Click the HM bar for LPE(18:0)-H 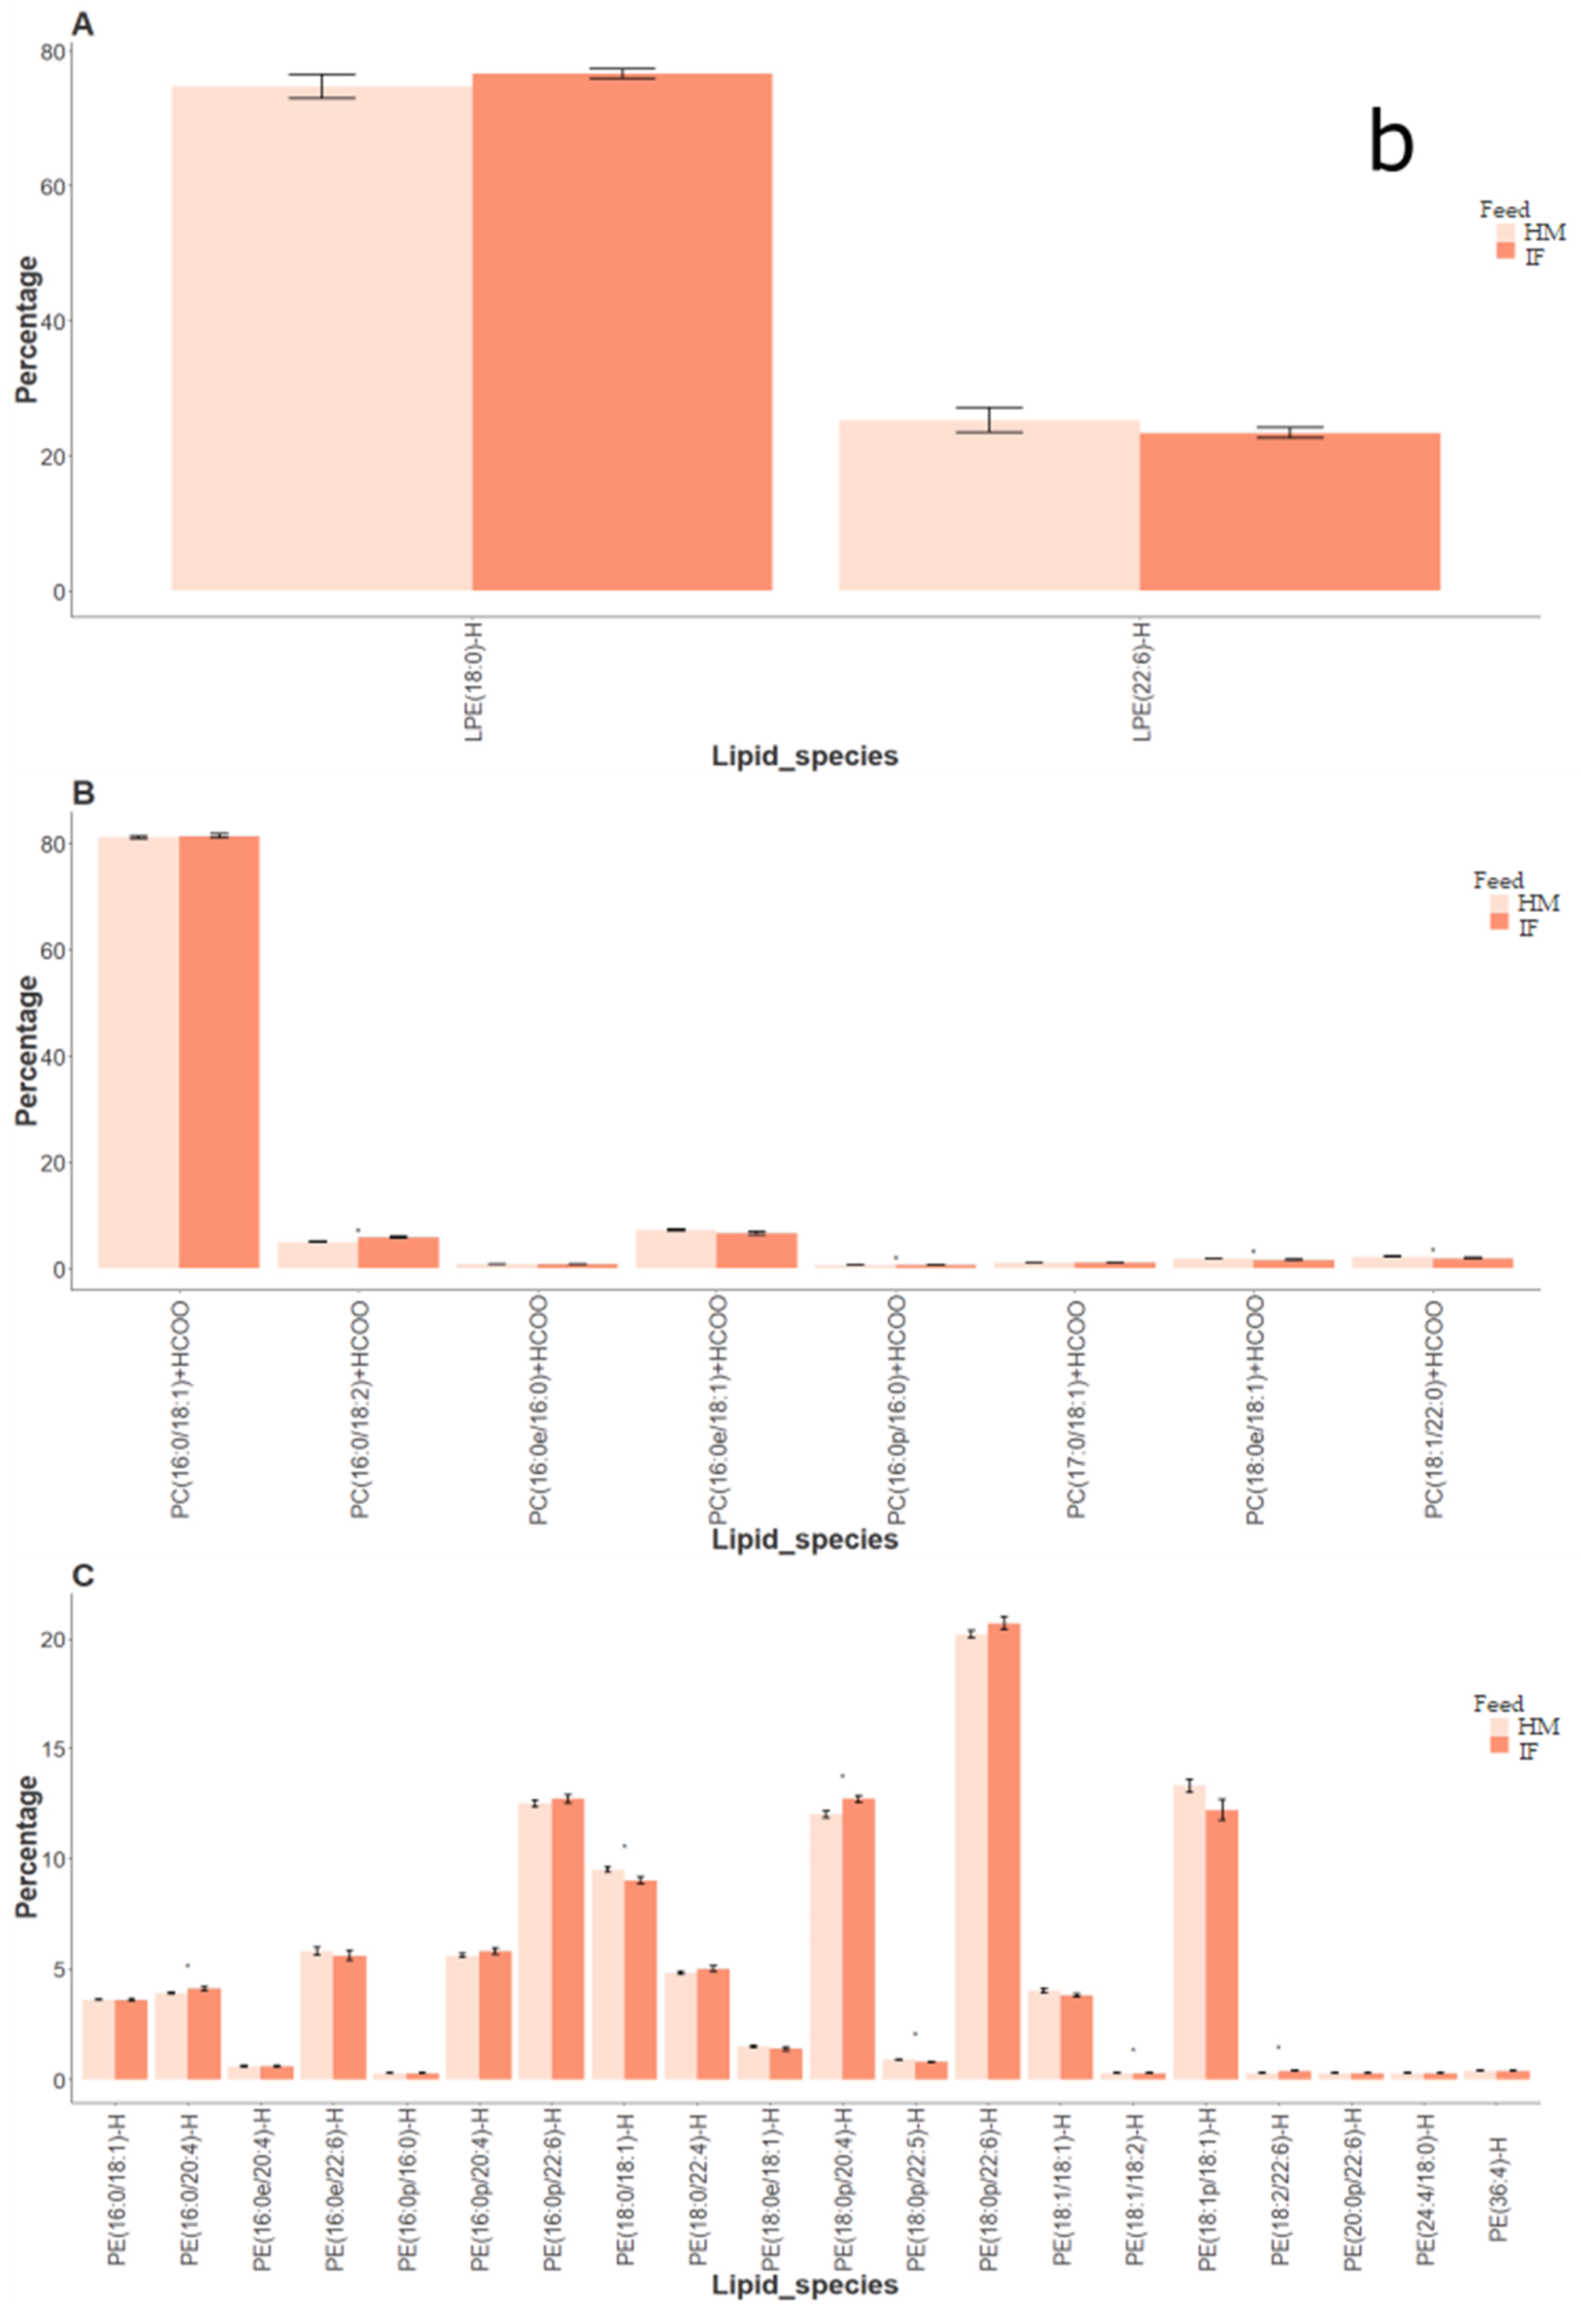(321, 339)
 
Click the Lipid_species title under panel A (805, 756)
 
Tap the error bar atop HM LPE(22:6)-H (989, 419)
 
